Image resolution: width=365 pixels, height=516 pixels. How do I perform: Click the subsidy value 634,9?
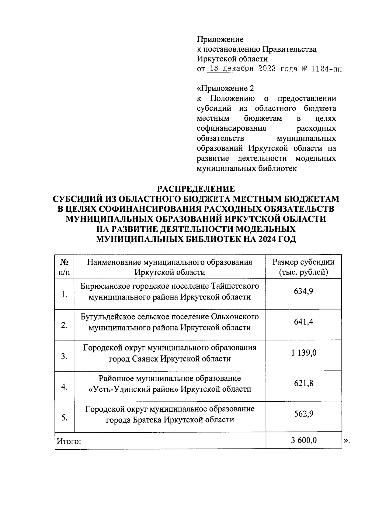[303, 292]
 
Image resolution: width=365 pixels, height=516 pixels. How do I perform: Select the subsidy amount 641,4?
[303, 322]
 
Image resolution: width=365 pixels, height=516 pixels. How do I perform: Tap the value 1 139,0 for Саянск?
[304, 353]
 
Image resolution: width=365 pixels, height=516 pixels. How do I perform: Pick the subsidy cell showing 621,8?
[303, 383]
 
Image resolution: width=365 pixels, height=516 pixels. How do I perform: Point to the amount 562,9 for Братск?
[303, 414]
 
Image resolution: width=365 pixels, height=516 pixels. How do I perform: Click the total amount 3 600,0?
[304, 440]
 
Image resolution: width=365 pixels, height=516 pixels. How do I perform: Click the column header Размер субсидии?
[303, 262]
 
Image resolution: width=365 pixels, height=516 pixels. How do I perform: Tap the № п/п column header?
[64, 267]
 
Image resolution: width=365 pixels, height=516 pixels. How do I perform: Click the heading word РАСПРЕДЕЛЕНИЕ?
[196, 189]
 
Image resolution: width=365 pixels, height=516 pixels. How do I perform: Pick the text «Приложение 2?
[225, 88]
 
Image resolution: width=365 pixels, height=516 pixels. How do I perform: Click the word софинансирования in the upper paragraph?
[231, 128]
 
